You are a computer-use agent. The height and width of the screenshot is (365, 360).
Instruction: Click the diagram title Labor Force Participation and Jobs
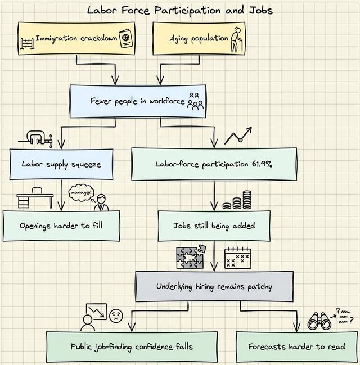coord(179,10)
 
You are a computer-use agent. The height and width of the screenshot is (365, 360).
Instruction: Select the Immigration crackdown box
coord(76,39)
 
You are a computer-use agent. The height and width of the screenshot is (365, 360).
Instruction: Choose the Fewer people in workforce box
coord(138,101)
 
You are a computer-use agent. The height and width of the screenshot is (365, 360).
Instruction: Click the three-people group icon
coord(196,101)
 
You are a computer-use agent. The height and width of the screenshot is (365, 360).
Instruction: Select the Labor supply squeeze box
coord(61,164)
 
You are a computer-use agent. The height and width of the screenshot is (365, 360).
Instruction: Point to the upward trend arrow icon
coord(238,136)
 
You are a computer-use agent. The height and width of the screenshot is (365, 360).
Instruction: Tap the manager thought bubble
coord(80,192)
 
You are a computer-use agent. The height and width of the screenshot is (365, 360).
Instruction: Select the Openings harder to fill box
coord(61,226)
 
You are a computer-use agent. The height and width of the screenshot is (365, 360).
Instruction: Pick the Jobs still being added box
coord(214,226)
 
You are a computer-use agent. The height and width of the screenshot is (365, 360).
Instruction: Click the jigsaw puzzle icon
coord(191,256)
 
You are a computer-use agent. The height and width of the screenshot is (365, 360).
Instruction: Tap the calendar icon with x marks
coord(237,258)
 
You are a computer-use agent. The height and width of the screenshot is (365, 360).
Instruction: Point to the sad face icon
coord(116,316)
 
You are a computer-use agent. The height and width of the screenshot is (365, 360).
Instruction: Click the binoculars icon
coord(319,321)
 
